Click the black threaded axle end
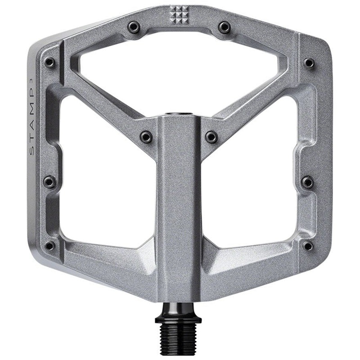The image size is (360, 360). coord(179,340)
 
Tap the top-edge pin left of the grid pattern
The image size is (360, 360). coord(134,27)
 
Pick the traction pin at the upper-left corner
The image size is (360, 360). coord(49,63)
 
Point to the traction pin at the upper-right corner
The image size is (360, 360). coord(309,63)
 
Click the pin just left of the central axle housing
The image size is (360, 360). coord(146,136)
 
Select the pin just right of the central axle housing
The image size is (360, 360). coord(211,136)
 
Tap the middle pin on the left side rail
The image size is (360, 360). coord(49,182)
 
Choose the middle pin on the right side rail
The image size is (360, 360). coord(308,182)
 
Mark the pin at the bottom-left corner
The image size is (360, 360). coord(49,246)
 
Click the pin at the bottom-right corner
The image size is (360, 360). coord(308,246)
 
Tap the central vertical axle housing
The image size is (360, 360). coord(179,202)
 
